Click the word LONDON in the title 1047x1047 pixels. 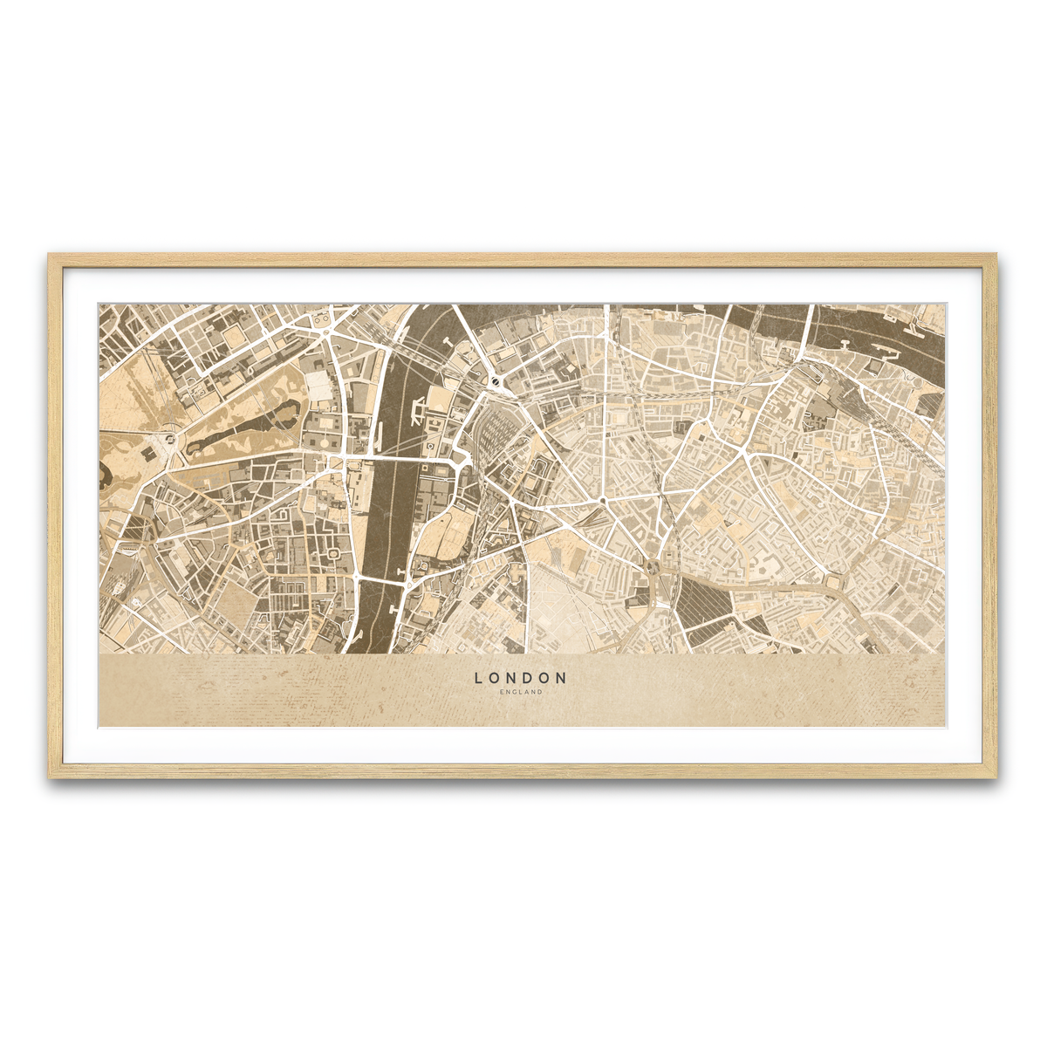tap(521, 677)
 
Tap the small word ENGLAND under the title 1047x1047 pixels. tap(521, 693)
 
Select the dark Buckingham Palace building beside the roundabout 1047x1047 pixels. tap(148, 454)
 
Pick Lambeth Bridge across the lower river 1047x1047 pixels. tap(381, 577)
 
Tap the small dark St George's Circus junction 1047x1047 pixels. tap(603, 502)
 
